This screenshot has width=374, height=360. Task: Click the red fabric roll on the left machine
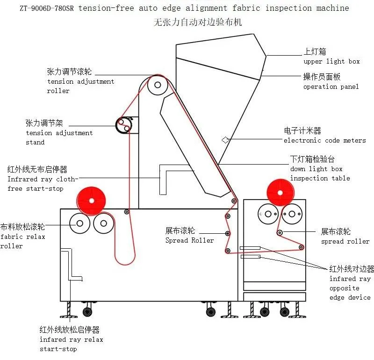pos(91,201)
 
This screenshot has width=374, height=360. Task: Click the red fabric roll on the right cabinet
pos(280,193)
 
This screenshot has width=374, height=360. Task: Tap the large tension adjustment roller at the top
pos(158,85)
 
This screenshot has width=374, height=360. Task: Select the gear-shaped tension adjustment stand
pos(124,125)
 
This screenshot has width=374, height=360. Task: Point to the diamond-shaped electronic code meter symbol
pos(226,140)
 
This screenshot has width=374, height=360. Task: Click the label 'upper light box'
pos(331,62)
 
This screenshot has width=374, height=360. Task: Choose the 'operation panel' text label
pos(331,86)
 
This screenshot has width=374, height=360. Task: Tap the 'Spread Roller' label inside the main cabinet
pos(190,240)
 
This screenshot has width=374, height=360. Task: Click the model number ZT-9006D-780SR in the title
pos(47,8)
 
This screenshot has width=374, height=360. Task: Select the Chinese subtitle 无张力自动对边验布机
pos(198,22)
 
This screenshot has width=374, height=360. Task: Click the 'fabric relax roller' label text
pos(22,241)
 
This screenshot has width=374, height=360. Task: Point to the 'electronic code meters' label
pos(324,140)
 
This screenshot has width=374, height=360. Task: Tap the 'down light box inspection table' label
pos(320,173)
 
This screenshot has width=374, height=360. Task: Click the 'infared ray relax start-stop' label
pos(72,344)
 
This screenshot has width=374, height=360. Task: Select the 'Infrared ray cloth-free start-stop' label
pos(43,184)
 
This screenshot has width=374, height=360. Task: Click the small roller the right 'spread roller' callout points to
pos(280,233)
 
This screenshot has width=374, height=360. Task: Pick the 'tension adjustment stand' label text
pos(59,137)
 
